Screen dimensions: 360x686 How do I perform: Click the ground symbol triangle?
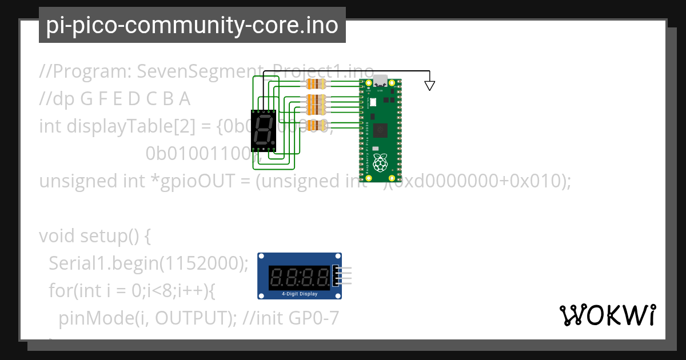(429, 86)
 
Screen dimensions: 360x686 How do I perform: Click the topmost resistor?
(316, 84)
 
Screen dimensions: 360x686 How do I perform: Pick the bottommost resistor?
(316, 125)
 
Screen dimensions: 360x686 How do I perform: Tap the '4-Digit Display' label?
(300, 294)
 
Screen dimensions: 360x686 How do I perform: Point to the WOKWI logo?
(607, 315)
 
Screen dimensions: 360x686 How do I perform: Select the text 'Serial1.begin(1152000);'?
(148, 263)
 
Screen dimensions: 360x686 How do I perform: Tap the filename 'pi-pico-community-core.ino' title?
(192, 25)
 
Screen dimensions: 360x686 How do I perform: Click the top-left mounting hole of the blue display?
(261, 258)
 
